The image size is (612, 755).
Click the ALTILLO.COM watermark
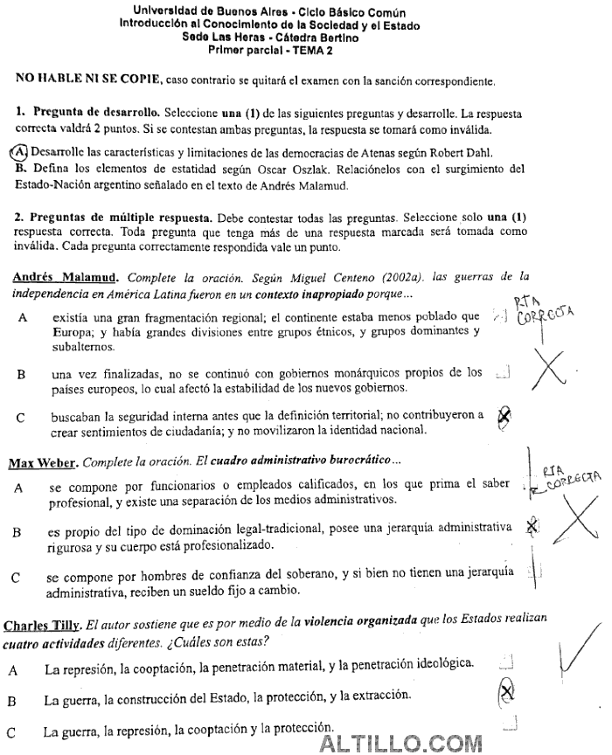pyautogui.click(x=401, y=743)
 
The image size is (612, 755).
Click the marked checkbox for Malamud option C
pyautogui.click(x=504, y=418)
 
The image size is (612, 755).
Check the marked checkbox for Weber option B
pyautogui.click(x=532, y=526)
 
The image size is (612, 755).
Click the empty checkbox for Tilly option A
pyautogui.click(x=504, y=661)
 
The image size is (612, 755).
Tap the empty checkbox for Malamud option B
pyautogui.click(x=503, y=373)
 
